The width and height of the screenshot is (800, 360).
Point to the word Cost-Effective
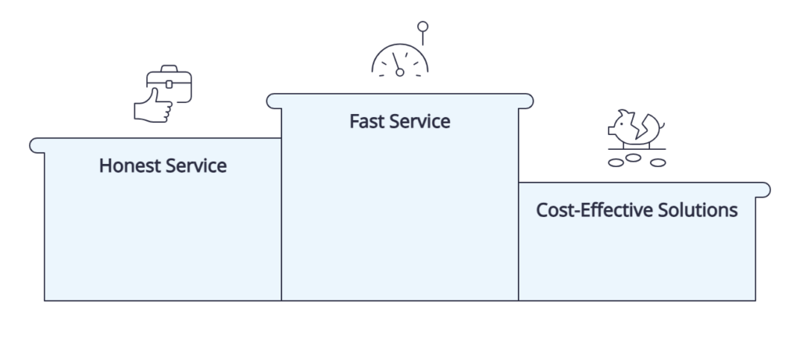(594, 210)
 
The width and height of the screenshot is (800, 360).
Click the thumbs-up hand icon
(153, 106)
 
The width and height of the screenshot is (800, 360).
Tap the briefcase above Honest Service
(170, 84)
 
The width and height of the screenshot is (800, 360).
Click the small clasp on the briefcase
(169, 84)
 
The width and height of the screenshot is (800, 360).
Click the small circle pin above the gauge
(423, 27)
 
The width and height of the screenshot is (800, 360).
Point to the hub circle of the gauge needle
(400, 73)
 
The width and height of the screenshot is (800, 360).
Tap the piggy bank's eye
(621, 124)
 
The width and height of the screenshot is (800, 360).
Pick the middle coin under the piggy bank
(633, 158)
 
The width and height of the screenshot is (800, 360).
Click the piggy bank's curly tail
(662, 125)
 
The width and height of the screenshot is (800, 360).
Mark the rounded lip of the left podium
(37, 146)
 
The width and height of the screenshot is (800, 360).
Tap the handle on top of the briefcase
(169, 68)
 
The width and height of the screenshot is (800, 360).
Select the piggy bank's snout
(611, 131)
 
